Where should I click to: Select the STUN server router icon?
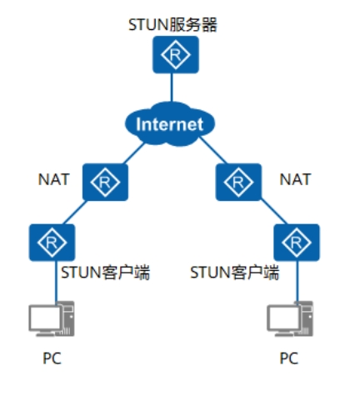click(172, 56)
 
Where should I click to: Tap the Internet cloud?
click(169, 124)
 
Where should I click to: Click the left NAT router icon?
click(105, 182)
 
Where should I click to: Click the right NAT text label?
click(296, 178)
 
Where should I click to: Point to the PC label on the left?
click(51, 359)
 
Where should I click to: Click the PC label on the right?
click(288, 359)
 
